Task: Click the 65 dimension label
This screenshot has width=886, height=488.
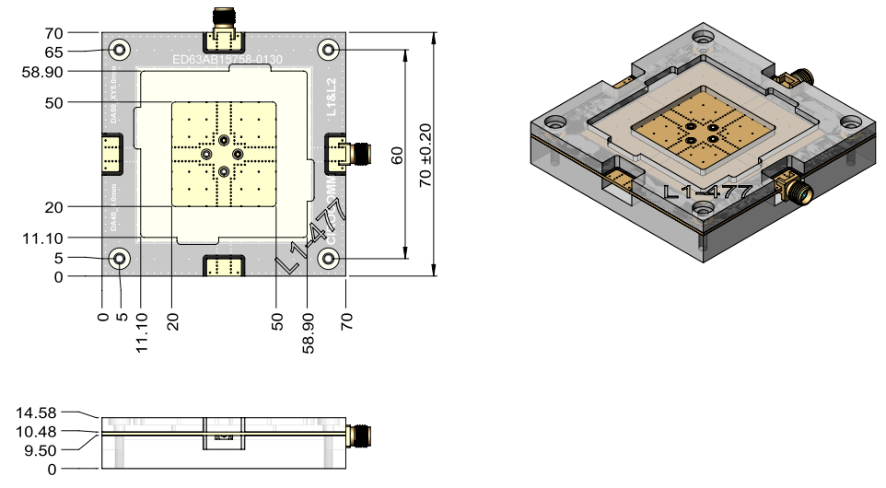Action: click(52, 52)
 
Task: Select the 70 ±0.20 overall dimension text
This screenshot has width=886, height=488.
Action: click(426, 156)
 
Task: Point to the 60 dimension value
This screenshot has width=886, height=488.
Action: click(397, 156)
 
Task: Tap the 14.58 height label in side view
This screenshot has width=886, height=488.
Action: click(41, 413)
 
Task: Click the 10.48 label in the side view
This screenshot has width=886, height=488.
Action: click(41, 432)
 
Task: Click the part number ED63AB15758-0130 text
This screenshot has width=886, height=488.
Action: click(227, 61)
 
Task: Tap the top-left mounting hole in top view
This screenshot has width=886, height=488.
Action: click(119, 49)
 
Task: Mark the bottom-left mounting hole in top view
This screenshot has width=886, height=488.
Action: click(119, 259)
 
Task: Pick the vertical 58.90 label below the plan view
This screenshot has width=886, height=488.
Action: click(309, 332)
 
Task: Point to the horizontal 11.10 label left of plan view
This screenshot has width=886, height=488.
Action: click(41, 238)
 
